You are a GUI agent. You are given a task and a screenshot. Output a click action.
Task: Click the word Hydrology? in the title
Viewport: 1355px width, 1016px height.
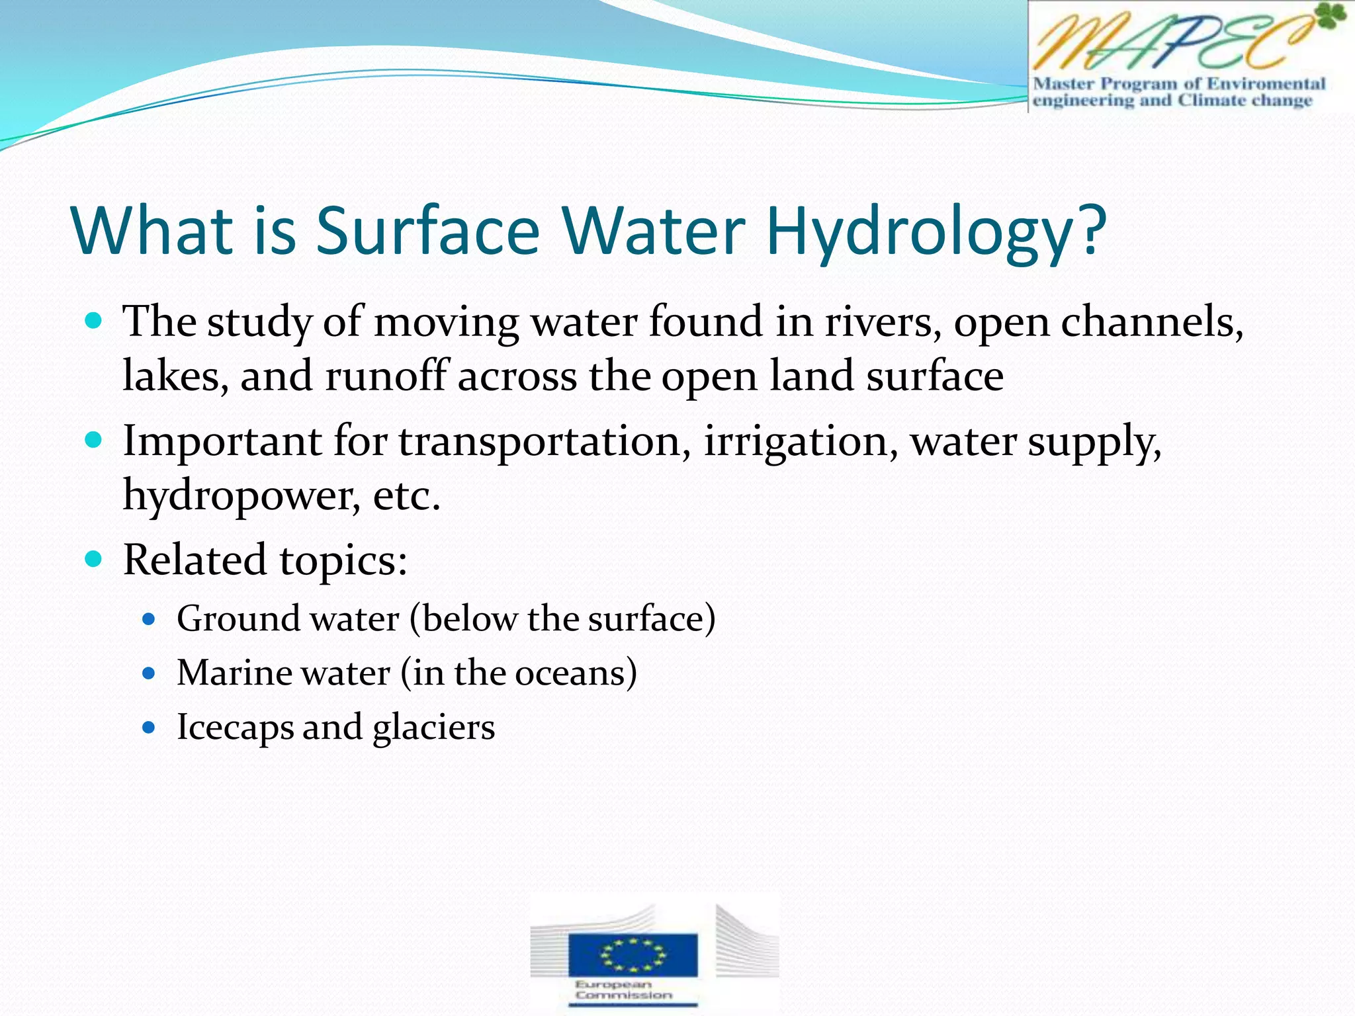coord(936,232)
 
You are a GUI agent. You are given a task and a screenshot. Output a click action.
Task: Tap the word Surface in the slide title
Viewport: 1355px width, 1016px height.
coord(427,232)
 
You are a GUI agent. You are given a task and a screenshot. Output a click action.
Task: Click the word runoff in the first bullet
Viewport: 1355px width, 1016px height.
coord(386,376)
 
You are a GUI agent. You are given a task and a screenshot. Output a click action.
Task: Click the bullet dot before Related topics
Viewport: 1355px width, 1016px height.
coord(94,560)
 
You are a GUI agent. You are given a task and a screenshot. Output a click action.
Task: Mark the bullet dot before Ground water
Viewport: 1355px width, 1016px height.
coord(149,620)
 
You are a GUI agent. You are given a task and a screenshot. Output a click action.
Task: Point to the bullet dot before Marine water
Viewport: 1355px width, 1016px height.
coord(149,674)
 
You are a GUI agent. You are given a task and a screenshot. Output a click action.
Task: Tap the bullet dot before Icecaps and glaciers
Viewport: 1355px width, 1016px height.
coord(149,728)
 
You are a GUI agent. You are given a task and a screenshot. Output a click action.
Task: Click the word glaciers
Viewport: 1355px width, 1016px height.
coord(433,728)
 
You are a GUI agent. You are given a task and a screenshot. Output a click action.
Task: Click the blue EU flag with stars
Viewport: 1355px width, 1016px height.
coord(633,954)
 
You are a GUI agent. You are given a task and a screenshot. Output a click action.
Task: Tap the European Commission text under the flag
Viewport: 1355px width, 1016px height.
coord(623,990)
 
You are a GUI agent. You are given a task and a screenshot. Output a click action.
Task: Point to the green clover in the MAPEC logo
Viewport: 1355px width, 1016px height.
coord(1331,16)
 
